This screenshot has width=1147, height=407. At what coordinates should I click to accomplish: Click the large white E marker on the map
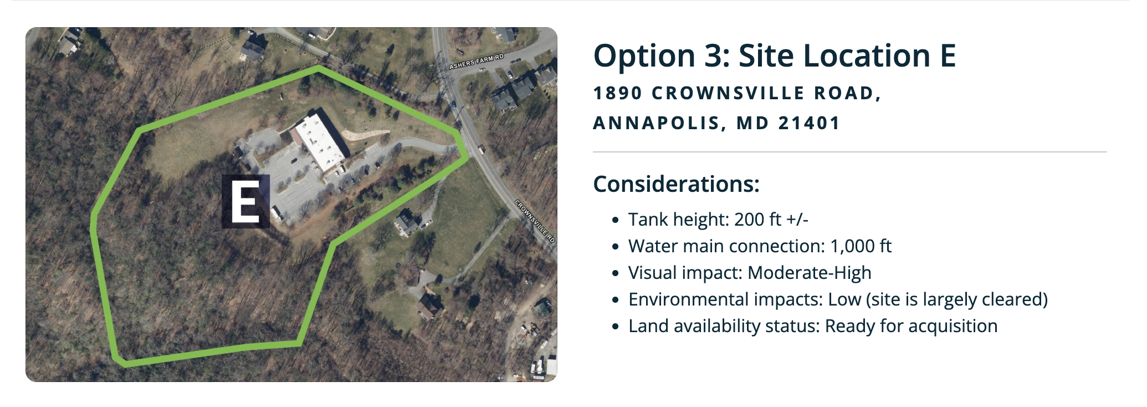(x=245, y=201)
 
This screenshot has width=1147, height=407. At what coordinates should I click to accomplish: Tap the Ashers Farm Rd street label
(x=477, y=62)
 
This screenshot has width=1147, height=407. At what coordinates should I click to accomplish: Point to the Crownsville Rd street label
(x=535, y=221)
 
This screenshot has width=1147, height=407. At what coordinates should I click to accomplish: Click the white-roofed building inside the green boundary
(x=320, y=143)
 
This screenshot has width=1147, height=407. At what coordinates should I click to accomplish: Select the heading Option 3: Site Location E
(x=774, y=56)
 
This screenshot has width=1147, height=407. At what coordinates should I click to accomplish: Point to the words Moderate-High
(x=810, y=273)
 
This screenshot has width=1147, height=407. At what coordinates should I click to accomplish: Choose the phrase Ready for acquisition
(x=911, y=326)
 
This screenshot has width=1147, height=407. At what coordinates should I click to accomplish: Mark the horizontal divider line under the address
(x=850, y=152)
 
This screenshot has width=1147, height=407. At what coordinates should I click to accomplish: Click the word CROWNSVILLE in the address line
(x=728, y=93)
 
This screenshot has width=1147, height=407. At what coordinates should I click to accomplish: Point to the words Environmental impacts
(x=724, y=299)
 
